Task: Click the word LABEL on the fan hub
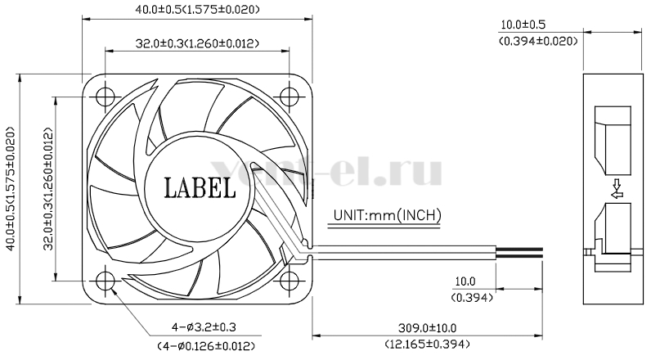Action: [x=200, y=187]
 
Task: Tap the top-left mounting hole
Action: [x=105, y=97]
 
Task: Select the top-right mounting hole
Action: [x=289, y=97]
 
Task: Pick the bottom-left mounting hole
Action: [x=105, y=281]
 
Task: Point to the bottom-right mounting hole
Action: [x=289, y=281]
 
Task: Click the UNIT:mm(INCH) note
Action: [x=387, y=215]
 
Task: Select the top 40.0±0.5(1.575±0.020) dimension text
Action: [x=197, y=9]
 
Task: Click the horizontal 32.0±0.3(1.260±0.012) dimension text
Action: [x=197, y=43]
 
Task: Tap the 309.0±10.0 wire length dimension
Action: [x=427, y=328]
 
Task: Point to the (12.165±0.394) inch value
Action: [x=427, y=344]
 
